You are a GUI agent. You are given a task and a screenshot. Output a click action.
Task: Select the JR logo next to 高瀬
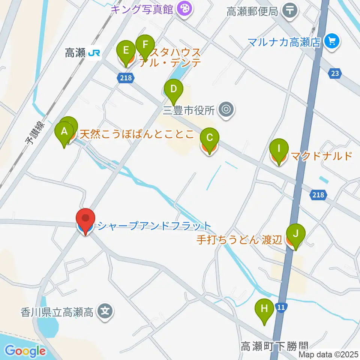click(x=94, y=53)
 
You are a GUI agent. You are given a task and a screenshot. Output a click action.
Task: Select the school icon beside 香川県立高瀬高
click(x=105, y=312)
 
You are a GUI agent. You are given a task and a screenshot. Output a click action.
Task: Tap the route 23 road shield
click(x=334, y=73)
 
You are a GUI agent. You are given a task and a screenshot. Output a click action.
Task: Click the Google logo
click(x=25, y=351)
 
